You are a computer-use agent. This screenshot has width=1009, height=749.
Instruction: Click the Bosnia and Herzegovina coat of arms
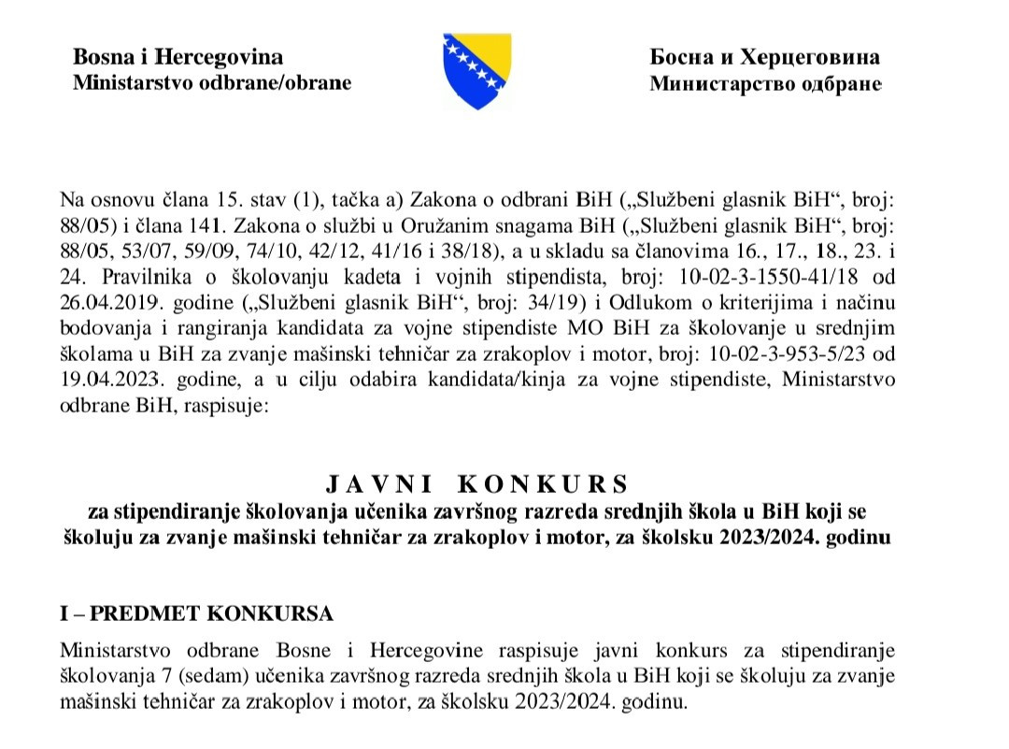pos(476,70)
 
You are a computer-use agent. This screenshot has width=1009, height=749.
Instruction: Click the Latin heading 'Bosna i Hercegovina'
pos(178,57)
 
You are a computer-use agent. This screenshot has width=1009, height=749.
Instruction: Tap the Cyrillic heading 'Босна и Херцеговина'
pos(764,57)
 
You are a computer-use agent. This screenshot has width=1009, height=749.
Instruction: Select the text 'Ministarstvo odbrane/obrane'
pos(212,82)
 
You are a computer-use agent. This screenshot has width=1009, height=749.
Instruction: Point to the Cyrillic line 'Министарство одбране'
pos(765,84)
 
